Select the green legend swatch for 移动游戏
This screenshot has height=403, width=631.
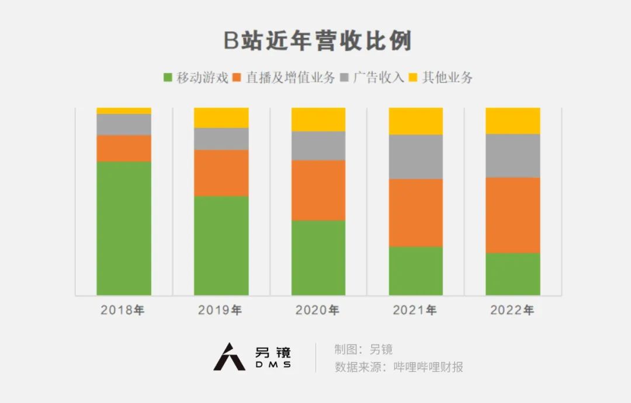168,77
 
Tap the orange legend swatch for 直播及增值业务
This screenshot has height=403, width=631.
237,77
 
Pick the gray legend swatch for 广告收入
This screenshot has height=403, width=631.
345,77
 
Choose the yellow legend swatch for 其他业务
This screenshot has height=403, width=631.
413,77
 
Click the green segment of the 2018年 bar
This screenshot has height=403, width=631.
124,228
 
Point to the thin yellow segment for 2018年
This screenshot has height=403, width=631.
124,111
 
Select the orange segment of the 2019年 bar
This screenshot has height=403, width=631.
221,173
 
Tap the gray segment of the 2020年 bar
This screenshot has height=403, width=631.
318,146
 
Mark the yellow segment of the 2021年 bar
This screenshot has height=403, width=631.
416,121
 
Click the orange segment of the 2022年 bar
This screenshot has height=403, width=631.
513,215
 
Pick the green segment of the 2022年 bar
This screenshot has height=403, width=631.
513,274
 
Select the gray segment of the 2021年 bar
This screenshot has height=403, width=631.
416,156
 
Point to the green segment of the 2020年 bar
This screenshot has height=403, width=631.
318,257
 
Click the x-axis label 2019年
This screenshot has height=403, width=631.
220,310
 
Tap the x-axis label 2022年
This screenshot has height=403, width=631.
512,310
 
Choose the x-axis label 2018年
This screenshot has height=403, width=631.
123,310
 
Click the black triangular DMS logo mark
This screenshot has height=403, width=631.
229,357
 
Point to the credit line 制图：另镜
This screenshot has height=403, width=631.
363,350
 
